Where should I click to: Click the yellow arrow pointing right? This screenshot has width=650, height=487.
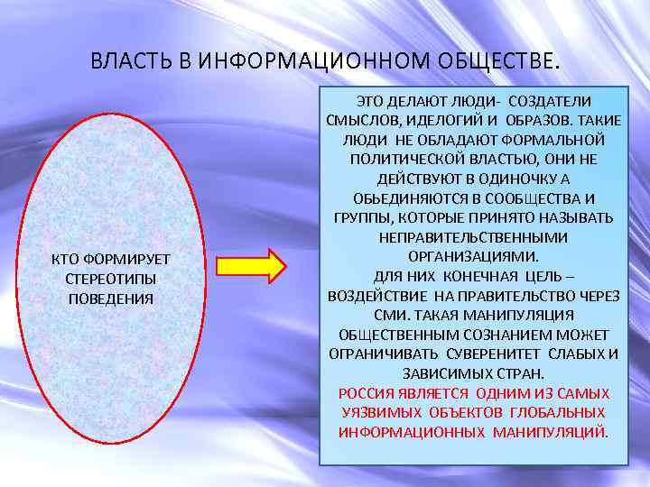(252, 265)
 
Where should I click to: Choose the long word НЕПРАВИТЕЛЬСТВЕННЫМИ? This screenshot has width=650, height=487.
(473, 236)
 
